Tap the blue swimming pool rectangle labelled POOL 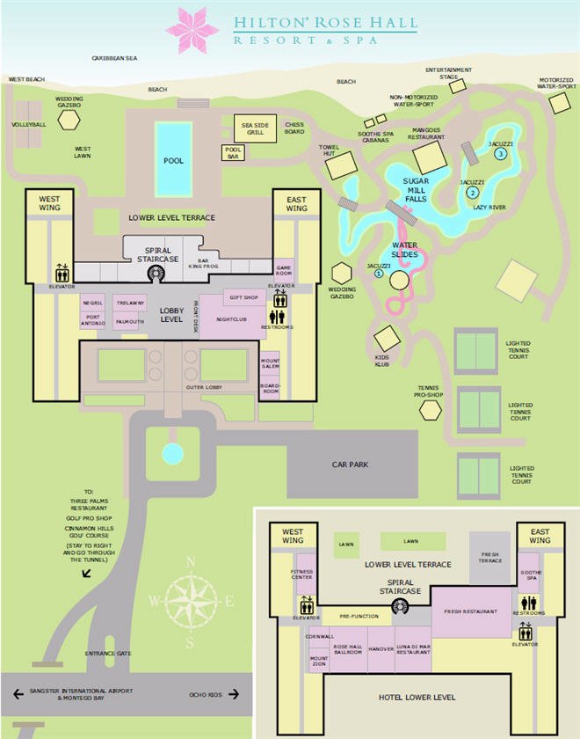[x=173, y=159]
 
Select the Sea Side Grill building [x=255, y=128]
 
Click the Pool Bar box [x=232, y=151]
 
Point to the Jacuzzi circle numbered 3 [x=501, y=154]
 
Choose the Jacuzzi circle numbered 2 [x=473, y=192]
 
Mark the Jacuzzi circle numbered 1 [x=379, y=274]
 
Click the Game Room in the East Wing [x=284, y=268]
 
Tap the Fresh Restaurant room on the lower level [x=471, y=611]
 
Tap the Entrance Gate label [x=108, y=653]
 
